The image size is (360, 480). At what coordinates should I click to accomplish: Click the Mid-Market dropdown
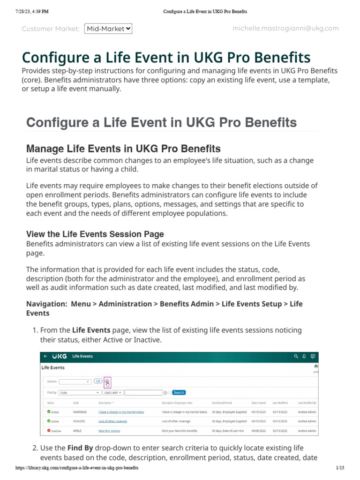click(x=108, y=29)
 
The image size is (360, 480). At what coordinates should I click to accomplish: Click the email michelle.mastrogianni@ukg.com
click(x=285, y=29)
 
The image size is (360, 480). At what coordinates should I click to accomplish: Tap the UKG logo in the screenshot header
click(x=59, y=356)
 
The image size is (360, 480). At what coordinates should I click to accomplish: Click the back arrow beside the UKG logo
click(x=45, y=356)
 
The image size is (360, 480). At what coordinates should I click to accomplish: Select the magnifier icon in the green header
click(x=296, y=356)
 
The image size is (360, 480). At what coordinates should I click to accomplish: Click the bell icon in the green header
click(x=304, y=356)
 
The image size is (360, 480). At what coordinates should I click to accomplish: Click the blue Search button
click(x=179, y=392)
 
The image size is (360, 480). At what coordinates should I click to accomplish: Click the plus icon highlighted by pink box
click(x=107, y=382)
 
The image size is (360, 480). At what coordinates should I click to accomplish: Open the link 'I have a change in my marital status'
click(x=121, y=412)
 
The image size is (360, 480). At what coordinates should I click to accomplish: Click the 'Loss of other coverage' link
click(x=112, y=421)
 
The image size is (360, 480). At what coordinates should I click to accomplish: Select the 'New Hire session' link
click(x=109, y=431)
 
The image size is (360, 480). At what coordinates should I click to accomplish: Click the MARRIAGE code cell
click(x=80, y=412)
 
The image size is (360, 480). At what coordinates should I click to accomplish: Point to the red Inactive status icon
click(x=49, y=430)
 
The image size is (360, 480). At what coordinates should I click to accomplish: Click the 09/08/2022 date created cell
click(x=258, y=431)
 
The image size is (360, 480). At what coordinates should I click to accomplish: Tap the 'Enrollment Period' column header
click(x=222, y=403)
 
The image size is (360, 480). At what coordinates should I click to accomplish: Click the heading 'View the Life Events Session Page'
click(x=95, y=234)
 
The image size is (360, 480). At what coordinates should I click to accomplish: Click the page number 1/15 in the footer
click(x=340, y=468)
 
